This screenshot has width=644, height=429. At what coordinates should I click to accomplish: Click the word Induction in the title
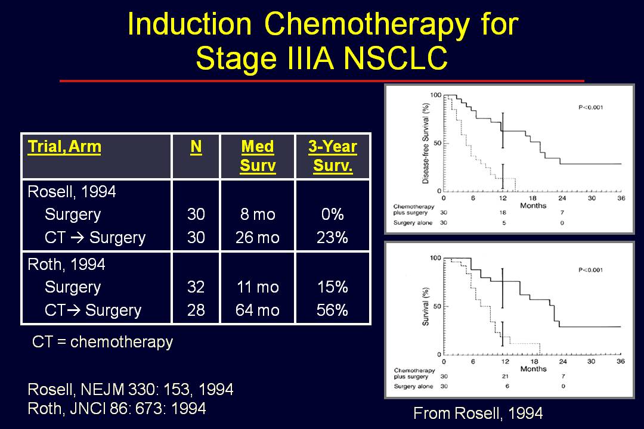coord(190,24)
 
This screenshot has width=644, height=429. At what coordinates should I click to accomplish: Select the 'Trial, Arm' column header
coord(64,147)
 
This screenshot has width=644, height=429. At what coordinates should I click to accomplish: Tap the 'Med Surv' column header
coord(258,156)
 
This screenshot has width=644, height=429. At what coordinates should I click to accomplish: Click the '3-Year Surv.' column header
coord(333,156)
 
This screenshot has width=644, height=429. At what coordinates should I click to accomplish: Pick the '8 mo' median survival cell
coord(258,214)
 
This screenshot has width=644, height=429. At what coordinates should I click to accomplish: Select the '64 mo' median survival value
coord(258,310)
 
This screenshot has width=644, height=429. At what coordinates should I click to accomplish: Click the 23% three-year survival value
coord(332,237)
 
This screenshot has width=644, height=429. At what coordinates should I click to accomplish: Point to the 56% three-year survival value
coord(332,310)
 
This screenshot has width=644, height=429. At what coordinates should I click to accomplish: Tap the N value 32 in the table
coord(196,287)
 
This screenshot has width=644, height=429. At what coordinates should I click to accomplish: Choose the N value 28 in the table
coord(196,310)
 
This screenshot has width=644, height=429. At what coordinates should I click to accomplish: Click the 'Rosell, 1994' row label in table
coord(72,192)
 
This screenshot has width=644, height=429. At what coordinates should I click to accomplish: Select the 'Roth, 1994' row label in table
coord(67,265)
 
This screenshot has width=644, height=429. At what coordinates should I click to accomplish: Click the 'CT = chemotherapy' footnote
coord(103,341)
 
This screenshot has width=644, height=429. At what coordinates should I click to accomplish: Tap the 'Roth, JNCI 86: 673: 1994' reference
coord(117,409)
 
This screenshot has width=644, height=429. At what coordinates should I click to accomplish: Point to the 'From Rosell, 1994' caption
coord(478,413)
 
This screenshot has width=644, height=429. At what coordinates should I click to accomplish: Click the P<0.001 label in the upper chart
coord(590,108)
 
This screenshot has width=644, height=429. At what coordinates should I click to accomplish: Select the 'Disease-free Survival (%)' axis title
coord(426,143)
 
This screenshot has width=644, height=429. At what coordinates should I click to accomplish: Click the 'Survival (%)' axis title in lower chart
coord(426,307)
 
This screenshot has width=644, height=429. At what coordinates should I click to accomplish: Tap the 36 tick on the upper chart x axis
coord(621,198)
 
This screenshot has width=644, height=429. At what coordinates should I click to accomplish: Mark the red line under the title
coord(322,81)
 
